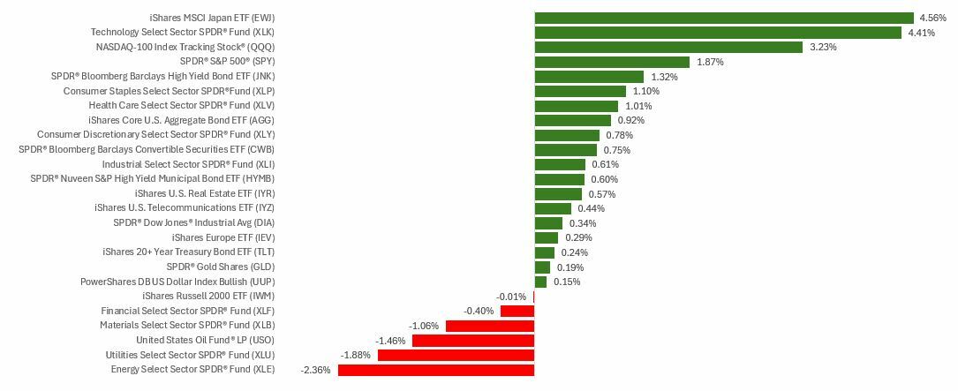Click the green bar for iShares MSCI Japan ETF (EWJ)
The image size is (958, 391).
pos(724,18)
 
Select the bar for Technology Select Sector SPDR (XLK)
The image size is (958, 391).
pos(718,33)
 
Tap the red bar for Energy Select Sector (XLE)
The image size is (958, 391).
pos(436,370)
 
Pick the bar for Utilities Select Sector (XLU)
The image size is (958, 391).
pos(456,355)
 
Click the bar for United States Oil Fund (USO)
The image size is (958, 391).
pos(473,341)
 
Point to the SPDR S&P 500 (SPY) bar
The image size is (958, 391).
pos(612,62)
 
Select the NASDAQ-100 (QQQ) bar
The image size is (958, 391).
pos(668,47)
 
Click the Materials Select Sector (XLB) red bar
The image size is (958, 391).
pos(490,326)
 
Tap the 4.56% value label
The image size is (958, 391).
pos(932,18)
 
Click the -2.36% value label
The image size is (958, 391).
pos(315,370)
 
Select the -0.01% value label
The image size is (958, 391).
pos(511,297)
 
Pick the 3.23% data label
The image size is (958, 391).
pos(823,47)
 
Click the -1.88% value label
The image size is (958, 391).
pos(355,355)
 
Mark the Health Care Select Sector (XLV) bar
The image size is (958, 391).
pos(576,106)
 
